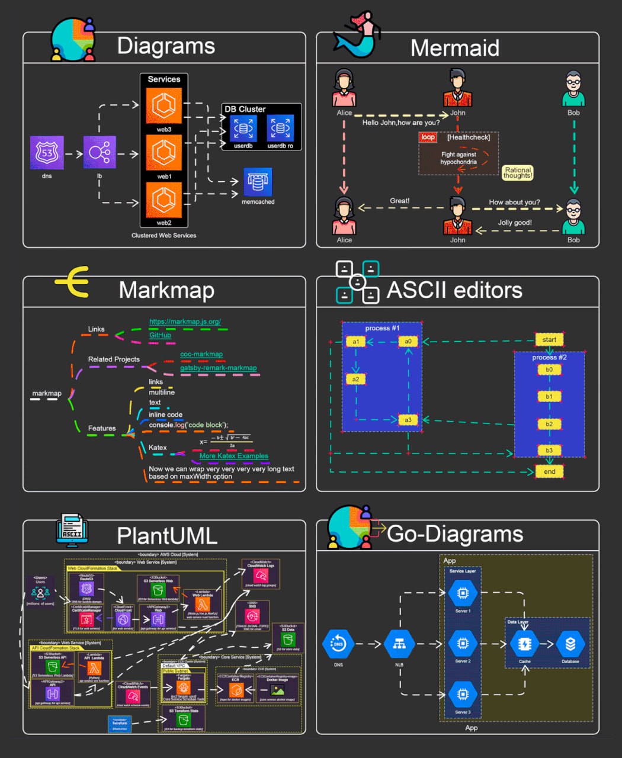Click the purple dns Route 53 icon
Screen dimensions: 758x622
(47, 153)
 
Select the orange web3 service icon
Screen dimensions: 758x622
(164, 106)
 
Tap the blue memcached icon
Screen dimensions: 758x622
(258, 182)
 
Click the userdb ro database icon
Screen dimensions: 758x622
(280, 128)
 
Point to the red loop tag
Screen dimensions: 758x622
(428, 137)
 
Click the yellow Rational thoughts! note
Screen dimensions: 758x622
(518, 172)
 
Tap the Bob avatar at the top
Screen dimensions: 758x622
(573, 89)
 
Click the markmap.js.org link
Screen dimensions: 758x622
(185, 322)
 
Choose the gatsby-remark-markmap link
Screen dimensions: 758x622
(219, 368)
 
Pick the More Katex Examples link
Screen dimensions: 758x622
(234, 456)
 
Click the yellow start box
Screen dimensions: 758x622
(549, 339)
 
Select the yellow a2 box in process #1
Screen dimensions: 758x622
(355, 379)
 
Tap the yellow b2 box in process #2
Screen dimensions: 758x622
(549, 424)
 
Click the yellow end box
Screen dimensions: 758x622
(549, 471)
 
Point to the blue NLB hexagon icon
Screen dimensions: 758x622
(399, 644)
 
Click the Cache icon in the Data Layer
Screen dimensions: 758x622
(524, 644)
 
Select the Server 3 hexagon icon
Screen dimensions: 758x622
(463, 693)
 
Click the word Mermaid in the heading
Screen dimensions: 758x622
(455, 48)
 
